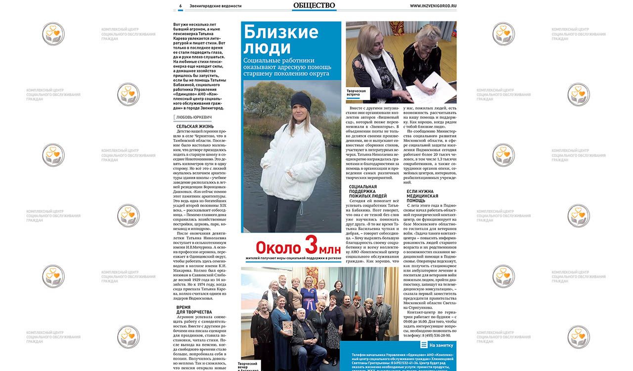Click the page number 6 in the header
[x=181, y=6]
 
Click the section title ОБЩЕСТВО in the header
[x=314, y=5]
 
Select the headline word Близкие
[x=281, y=32]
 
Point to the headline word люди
[x=267, y=48]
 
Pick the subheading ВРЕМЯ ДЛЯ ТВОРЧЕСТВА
[x=194, y=310]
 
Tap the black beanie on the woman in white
[x=300, y=100]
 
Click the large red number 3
[x=310, y=246]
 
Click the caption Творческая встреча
[x=356, y=93]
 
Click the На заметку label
[x=440, y=345]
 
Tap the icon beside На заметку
[x=424, y=345]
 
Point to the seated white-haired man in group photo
[x=300, y=329]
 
